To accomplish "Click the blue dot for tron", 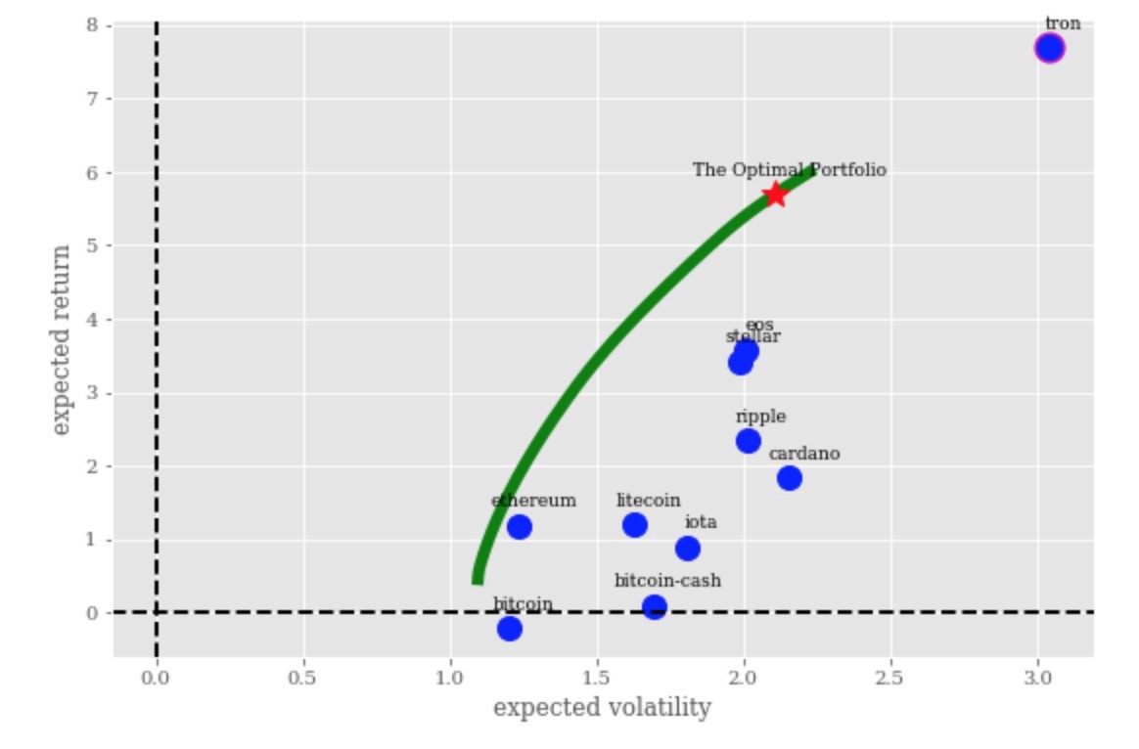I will pyautogui.click(x=1049, y=48).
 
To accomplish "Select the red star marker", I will pyautogui.click(x=775, y=194).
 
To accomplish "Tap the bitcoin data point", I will pyautogui.click(x=509, y=628).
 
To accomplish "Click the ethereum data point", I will pyautogui.click(x=519, y=527).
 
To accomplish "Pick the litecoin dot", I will pyautogui.click(x=634, y=525).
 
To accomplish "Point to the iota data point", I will pyautogui.click(x=687, y=549).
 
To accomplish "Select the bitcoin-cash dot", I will pyautogui.click(x=654, y=606).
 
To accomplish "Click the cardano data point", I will pyautogui.click(x=789, y=478).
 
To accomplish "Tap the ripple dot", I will pyautogui.click(x=748, y=441).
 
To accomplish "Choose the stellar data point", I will pyautogui.click(x=740, y=364).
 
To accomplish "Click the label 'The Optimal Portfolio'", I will pyautogui.click(x=789, y=170).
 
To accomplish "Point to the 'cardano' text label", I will pyautogui.click(x=803, y=454).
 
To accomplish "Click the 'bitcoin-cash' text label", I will pyautogui.click(x=667, y=581).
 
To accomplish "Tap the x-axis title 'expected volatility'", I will pyautogui.click(x=602, y=708).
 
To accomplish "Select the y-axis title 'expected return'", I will pyautogui.click(x=62, y=339).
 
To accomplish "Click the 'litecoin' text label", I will pyautogui.click(x=648, y=501).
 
